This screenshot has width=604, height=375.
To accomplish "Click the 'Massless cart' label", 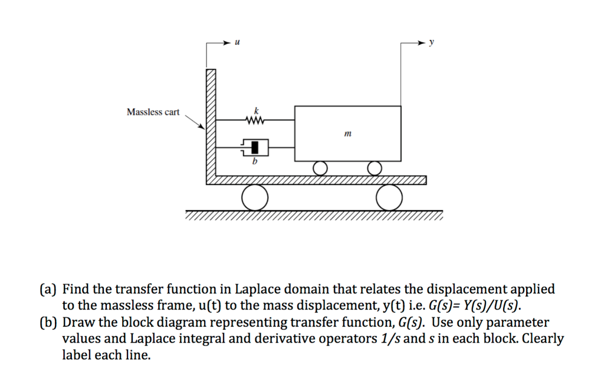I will click(153, 112).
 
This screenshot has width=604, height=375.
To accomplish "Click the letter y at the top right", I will click(431, 42).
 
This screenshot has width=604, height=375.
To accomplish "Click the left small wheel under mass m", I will click(320, 169).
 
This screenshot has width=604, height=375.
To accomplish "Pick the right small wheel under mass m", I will click(374, 169).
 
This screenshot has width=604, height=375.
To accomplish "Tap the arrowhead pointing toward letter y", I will click(422, 43).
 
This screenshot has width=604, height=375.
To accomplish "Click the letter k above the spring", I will click(256, 110).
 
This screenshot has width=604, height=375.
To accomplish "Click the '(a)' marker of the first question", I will click(48, 290).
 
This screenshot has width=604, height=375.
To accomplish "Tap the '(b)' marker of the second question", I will click(48, 323).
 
